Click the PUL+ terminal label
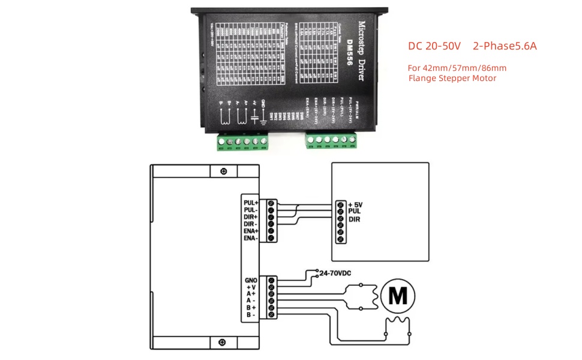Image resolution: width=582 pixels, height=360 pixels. [251, 203]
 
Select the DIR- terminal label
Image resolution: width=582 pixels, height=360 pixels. [251, 224]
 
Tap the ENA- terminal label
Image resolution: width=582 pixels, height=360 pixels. [251, 238]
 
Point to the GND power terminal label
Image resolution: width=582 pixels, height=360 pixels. [251, 280]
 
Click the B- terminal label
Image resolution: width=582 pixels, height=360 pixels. [251, 314]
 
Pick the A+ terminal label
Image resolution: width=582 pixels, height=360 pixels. [251, 293]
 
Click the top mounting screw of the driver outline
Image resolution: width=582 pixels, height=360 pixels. [224, 171]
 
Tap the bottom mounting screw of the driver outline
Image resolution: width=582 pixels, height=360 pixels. [224, 343]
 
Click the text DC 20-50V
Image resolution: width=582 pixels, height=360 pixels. [434, 46]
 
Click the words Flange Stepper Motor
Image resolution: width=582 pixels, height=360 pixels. [452, 78]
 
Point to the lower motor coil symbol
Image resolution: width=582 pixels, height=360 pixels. [396, 325]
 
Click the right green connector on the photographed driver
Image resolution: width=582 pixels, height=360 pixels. [331, 140]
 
